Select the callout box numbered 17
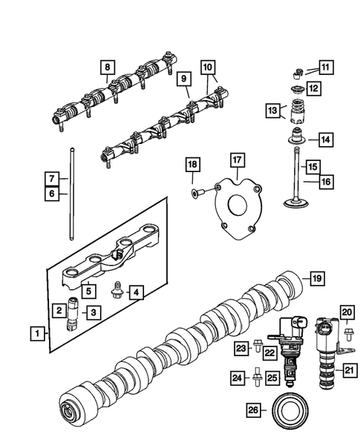pyautogui.click(x=237, y=160)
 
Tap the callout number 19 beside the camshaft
pyautogui.click(x=317, y=279)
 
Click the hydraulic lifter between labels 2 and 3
pyautogui.click(x=74, y=312)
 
